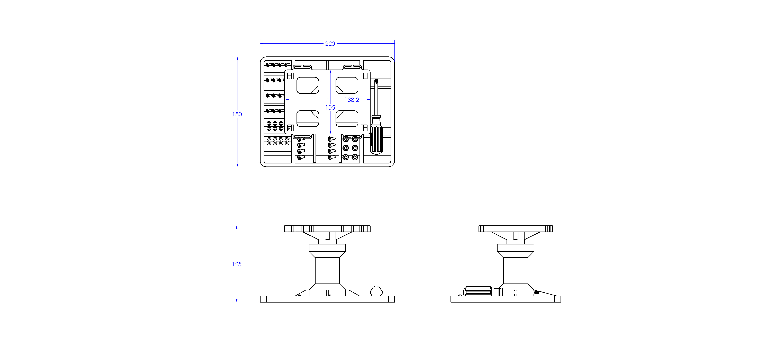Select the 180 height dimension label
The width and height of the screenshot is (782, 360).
click(237, 114)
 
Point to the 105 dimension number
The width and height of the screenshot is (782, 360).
click(330, 107)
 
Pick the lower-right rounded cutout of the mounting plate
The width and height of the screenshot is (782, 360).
click(347, 118)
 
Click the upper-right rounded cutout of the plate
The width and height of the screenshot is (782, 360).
click(347, 85)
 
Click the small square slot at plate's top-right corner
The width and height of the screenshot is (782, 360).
click(364, 76)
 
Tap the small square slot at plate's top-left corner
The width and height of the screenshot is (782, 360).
click(291, 76)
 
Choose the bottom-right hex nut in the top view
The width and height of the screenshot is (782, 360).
click(355, 157)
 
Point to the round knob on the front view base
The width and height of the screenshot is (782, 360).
click(376, 291)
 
